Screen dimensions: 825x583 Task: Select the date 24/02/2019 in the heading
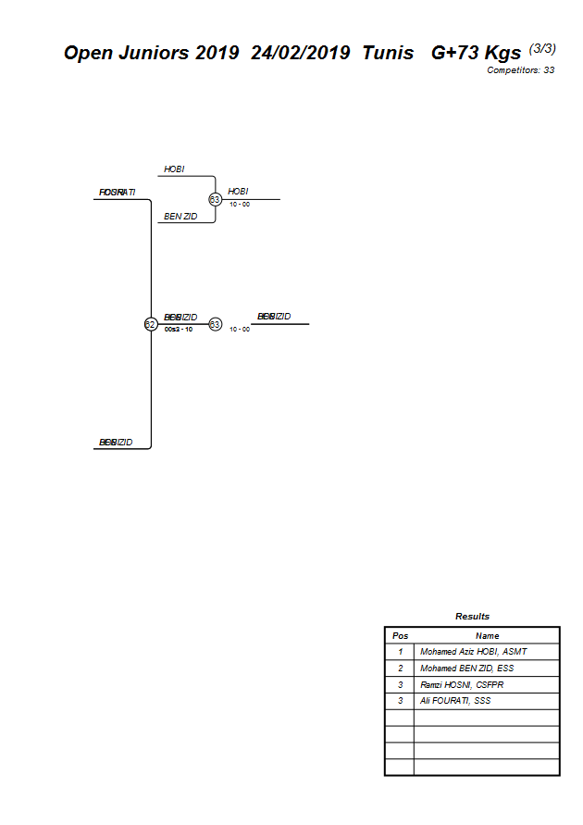300,53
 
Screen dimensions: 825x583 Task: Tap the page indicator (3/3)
542,48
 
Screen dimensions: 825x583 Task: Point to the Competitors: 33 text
520,70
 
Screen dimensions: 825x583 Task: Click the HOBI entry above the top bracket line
174,169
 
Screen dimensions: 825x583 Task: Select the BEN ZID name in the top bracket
180,216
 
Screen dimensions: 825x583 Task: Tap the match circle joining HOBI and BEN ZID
216,199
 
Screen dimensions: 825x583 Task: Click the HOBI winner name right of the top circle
238,191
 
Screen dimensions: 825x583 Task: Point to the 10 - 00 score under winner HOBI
240,205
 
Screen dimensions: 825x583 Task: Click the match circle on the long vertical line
151,324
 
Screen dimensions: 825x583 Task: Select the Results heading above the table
472,616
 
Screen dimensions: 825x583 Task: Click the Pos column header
400,635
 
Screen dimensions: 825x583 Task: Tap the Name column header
487,635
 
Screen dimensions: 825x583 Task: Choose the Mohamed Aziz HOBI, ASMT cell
473,652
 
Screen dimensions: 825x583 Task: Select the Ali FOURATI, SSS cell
455,701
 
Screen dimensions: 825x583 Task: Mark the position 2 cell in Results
400,669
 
